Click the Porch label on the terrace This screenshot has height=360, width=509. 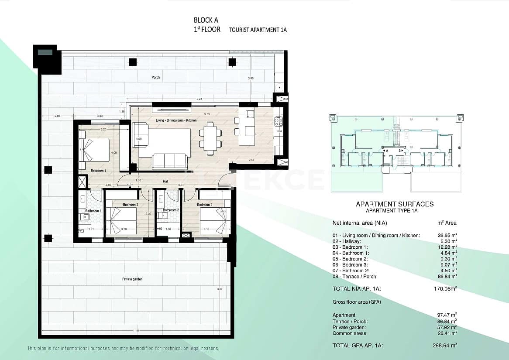point(156,77)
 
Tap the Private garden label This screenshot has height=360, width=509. point(132,279)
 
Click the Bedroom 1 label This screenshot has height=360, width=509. point(99,171)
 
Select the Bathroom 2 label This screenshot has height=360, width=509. point(171,210)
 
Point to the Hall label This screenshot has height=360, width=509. point(165,181)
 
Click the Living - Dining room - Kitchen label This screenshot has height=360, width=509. point(176,120)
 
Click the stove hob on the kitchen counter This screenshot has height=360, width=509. point(278,121)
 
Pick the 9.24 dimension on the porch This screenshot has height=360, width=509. point(199,99)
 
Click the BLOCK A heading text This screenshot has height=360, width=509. point(206,20)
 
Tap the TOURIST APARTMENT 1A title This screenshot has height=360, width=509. point(258,30)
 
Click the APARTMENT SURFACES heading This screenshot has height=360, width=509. point(395,204)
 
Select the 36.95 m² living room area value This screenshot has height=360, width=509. point(447,236)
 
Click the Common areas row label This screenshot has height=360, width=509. point(348,333)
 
